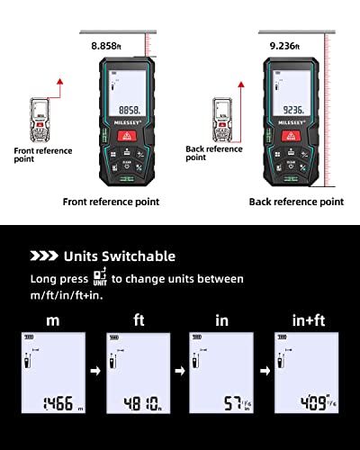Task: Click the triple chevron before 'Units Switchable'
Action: coord(43,256)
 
